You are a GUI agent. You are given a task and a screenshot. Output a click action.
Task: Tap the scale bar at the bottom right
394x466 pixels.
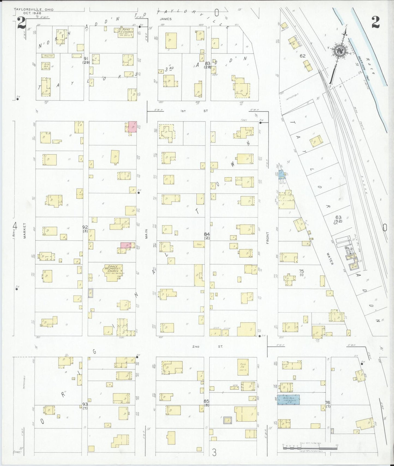[310, 447]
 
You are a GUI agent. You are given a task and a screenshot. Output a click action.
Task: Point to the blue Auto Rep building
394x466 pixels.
[288, 400]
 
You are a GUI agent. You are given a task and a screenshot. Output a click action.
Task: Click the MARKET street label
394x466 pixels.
[25, 231]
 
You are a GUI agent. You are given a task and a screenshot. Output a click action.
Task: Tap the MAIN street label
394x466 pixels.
[147, 234]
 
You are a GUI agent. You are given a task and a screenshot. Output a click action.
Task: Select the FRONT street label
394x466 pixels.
[267, 238]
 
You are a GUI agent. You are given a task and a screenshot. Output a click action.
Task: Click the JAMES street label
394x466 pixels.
[166, 19]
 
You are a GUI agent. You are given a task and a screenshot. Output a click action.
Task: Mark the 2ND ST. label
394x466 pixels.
[207, 347]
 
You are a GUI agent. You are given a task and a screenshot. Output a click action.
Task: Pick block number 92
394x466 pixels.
[85, 227]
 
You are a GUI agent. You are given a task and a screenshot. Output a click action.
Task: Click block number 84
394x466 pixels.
[207, 234]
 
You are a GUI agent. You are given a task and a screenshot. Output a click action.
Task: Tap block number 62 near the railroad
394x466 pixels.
[302, 56]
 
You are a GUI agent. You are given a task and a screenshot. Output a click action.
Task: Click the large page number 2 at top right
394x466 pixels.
[375, 22]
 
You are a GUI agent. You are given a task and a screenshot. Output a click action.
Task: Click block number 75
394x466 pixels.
[301, 271]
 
